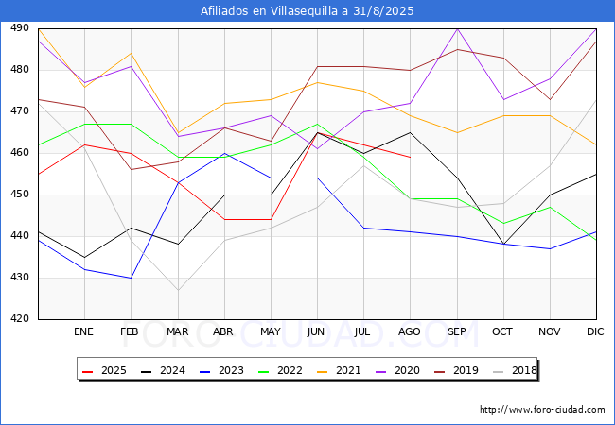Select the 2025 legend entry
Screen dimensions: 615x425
pos(104,370)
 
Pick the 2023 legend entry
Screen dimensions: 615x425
pos(221,370)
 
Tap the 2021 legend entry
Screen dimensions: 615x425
pos(339,370)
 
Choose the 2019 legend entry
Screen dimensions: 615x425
pos(456,370)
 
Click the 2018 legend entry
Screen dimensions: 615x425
pos(515,370)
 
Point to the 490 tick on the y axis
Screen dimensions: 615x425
pos(20,27)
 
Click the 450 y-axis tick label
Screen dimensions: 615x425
pos(20,195)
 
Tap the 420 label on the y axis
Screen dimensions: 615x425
pos(20,318)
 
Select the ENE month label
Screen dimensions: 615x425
pos(83,331)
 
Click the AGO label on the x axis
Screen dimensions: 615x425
pos(410,331)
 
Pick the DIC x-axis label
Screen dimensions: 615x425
pos(595,331)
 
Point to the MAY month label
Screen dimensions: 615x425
pos(271,331)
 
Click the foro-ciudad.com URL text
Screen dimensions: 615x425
pos(542,410)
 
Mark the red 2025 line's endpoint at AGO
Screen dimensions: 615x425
pos(411,158)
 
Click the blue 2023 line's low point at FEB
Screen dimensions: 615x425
pos(131,278)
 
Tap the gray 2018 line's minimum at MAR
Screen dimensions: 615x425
pos(178,290)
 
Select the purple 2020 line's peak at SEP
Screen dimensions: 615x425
pos(457,29)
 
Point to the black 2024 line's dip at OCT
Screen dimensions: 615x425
pos(503,245)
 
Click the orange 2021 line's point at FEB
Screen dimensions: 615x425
pos(131,54)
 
